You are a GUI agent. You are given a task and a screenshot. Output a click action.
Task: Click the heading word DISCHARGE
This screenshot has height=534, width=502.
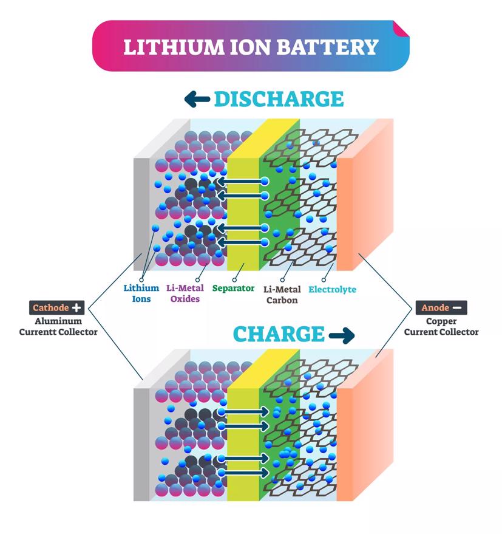tap(279, 98)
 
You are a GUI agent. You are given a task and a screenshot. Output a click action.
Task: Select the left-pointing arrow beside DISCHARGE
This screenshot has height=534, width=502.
tap(197, 99)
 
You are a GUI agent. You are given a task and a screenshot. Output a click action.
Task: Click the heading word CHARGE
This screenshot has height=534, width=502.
tap(279, 334)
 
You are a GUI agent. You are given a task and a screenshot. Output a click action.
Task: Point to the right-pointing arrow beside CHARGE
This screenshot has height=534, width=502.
tap(341, 335)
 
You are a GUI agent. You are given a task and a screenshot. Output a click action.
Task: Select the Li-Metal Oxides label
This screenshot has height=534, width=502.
tap(186, 293)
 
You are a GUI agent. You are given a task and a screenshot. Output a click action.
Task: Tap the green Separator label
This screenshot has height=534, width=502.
tap(233, 288)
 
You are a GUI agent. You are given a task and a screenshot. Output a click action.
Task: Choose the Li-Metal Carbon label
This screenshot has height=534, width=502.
tap(282, 295)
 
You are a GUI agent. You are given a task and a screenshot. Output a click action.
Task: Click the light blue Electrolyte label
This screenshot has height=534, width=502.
tap(332, 289)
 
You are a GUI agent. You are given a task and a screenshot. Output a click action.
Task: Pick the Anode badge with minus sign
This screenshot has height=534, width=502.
tap(441, 308)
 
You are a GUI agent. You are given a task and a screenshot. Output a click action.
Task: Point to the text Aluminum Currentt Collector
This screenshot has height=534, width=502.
tap(58, 326)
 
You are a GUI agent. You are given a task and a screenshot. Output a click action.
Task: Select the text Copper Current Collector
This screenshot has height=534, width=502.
tap(441, 326)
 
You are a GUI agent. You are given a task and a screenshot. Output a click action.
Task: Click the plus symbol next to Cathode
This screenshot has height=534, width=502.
tap(76, 307)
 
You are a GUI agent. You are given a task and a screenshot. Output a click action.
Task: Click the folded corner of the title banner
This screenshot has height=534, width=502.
tap(401, 29)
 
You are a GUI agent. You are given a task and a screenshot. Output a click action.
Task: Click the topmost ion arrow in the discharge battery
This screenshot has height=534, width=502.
tap(243, 182)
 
